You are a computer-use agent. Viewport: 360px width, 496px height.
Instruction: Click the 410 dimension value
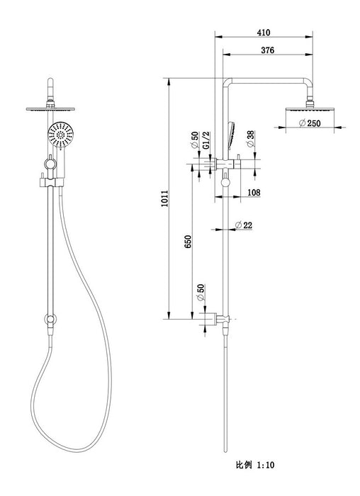(264, 31)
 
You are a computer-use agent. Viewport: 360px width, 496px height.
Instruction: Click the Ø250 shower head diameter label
(313, 124)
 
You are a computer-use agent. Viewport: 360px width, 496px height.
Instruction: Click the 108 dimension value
(254, 192)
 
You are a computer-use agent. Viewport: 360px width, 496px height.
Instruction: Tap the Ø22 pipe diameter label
(247, 225)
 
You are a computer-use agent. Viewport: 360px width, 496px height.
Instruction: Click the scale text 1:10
(263, 466)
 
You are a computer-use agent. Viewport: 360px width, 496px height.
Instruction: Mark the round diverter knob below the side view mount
(225, 184)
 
